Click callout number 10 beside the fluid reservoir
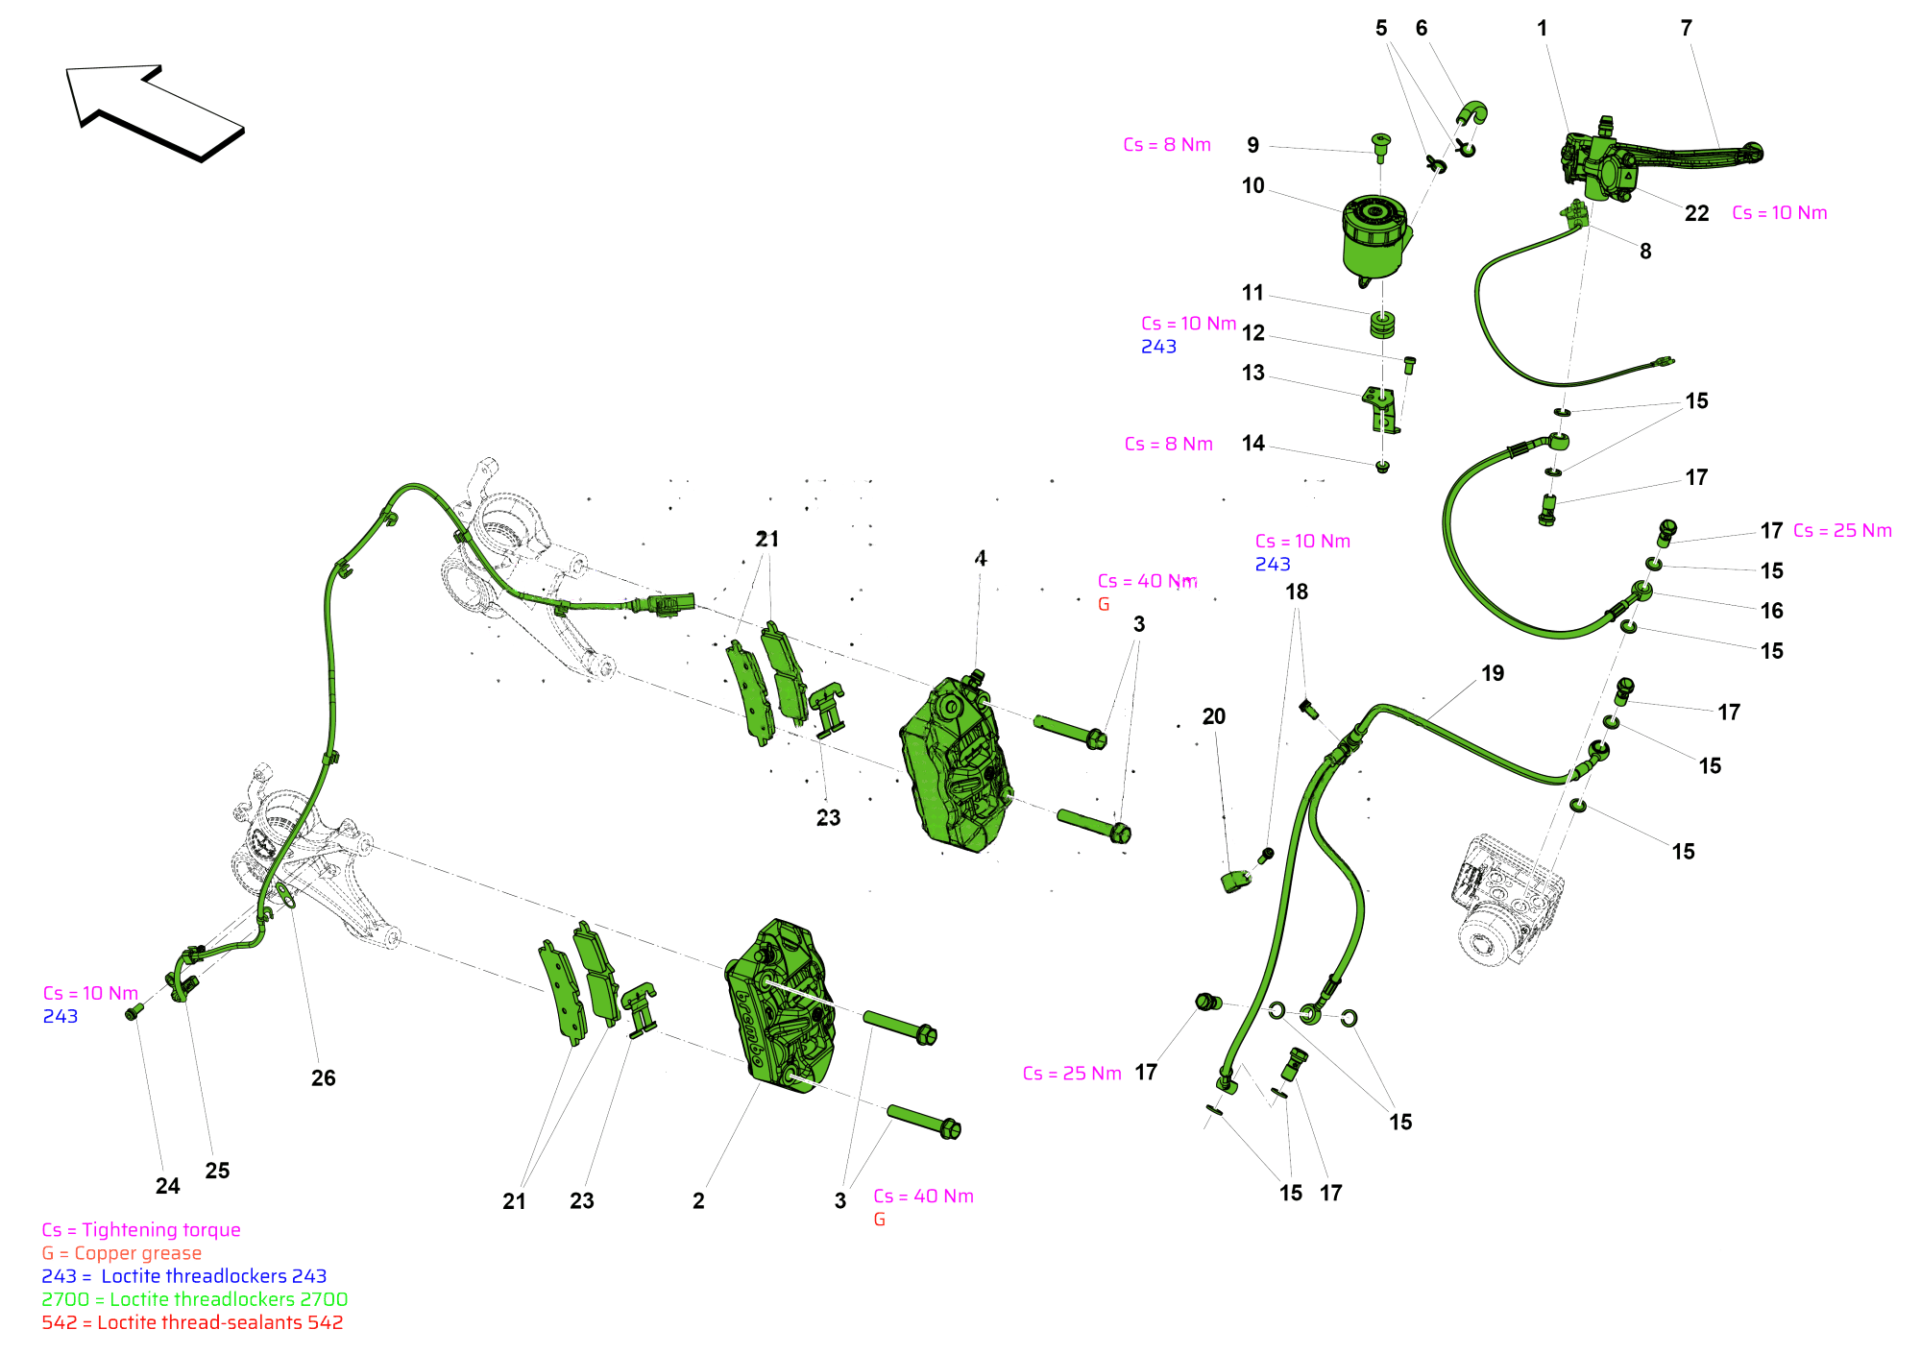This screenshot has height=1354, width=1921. [1252, 186]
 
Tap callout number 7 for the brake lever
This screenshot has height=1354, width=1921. [1686, 29]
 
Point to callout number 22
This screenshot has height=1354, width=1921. [1696, 213]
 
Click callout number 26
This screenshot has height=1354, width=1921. [323, 1078]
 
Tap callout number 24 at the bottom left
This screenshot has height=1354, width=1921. [167, 1186]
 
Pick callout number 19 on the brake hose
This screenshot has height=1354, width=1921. [1492, 674]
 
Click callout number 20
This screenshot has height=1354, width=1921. [1213, 716]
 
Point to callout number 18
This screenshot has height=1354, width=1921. [1297, 592]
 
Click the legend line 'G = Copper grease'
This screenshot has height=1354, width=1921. [122, 1253]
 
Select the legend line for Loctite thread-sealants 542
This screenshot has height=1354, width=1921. [192, 1322]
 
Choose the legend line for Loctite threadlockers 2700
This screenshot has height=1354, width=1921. [194, 1299]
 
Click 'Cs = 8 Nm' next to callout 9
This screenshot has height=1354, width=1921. [1167, 145]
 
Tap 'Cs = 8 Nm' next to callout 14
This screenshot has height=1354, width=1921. [1168, 445]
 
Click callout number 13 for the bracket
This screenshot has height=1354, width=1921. [1252, 374]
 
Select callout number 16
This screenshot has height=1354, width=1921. [1771, 611]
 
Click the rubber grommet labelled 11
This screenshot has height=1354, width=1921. [1381, 325]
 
